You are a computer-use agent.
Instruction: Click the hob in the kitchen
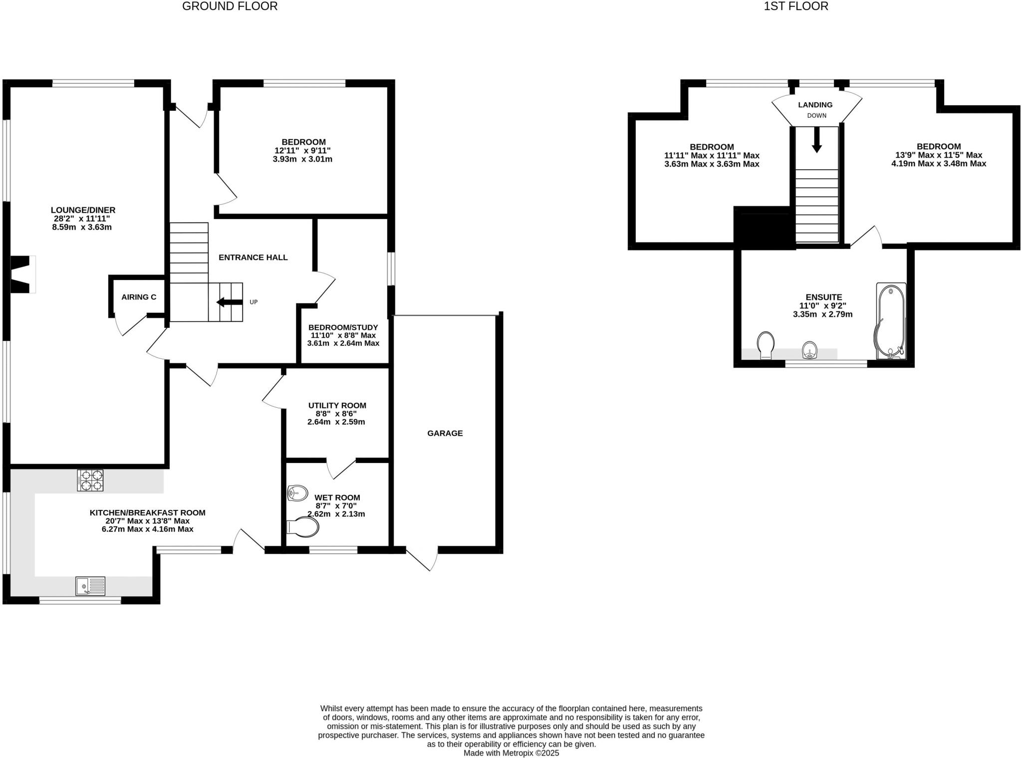point(90,480)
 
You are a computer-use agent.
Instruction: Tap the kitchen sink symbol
point(90,586)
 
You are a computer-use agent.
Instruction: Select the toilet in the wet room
point(303,527)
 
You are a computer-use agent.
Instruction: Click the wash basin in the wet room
point(298,493)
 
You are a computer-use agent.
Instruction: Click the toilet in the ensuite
point(766,345)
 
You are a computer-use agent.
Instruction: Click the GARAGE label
point(445,433)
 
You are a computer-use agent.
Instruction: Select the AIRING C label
point(139,297)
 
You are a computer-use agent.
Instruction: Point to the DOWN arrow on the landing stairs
point(816,140)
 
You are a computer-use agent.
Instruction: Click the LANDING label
point(815,105)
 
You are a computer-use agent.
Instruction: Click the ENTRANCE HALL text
point(253,257)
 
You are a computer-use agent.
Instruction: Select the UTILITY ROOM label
point(337,405)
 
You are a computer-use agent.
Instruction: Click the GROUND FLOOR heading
point(230,6)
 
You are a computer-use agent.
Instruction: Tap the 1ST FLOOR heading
point(796,6)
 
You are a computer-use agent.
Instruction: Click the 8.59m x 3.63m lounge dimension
point(82,227)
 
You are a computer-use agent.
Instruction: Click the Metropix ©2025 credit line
point(511,753)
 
